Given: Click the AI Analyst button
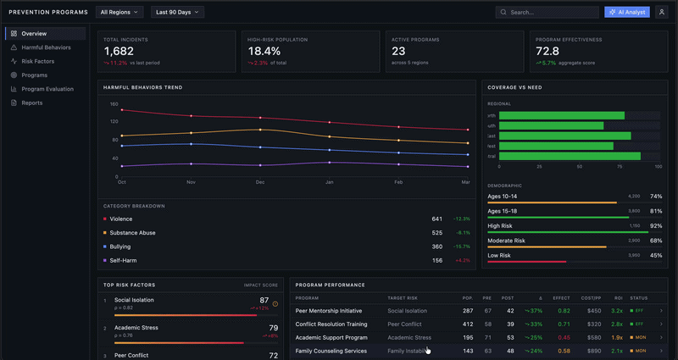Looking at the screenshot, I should tap(626, 13).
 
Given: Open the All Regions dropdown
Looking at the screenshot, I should tap(119, 13).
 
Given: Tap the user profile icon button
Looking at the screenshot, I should tap(661, 13).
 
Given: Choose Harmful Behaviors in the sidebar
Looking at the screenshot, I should tap(46, 47).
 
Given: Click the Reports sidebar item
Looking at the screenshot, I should tap(31, 102).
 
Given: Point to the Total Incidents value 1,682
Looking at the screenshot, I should tap(119, 51).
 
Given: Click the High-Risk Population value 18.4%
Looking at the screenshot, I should tap(264, 51).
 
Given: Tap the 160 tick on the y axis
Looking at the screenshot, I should tap(114, 104).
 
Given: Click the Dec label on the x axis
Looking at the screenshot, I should tap(260, 182).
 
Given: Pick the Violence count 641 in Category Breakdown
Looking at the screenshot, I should tap(436, 219).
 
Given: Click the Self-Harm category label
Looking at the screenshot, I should tap(124, 260).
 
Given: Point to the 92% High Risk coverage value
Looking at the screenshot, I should tap(655, 226).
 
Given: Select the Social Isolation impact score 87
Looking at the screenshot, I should tap(264, 300).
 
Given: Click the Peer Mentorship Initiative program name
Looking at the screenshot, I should tap(328, 311).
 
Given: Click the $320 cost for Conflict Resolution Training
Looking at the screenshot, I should tap(594, 324).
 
